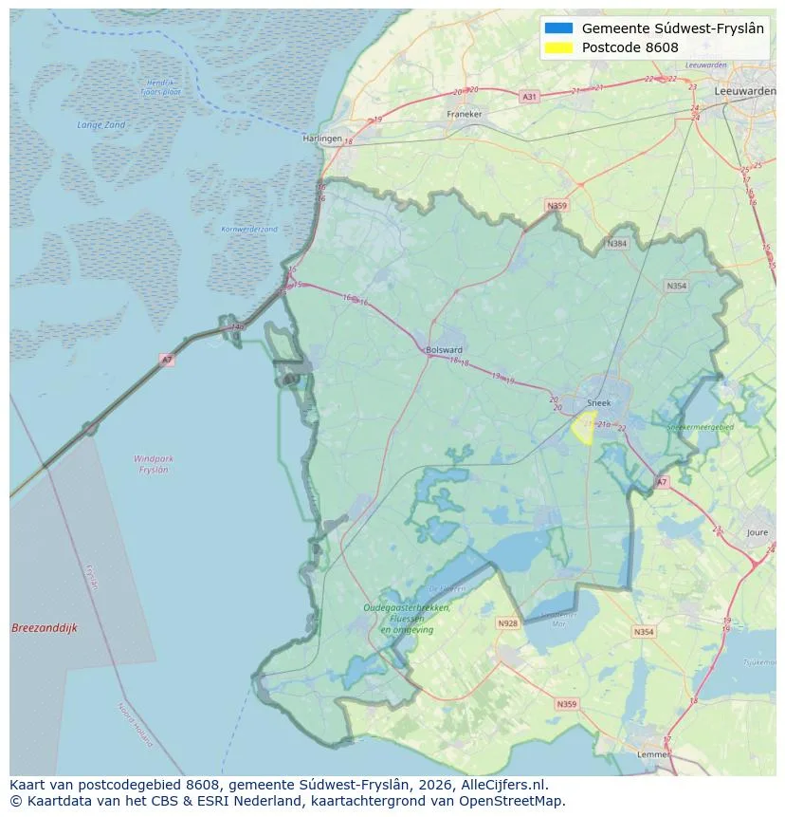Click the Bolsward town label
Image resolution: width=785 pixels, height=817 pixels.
click(444, 349)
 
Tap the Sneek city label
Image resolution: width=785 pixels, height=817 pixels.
click(599, 402)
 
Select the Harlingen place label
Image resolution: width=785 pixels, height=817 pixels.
click(322, 138)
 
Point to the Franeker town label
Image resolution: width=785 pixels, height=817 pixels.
click(464, 114)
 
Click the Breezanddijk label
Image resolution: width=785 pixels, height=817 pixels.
click(45, 628)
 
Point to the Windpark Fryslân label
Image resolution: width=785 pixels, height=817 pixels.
click(152, 464)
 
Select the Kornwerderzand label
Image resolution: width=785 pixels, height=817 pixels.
click(249, 229)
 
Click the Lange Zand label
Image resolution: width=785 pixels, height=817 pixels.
click(100, 124)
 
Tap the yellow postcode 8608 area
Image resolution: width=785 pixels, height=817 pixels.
click(581, 427)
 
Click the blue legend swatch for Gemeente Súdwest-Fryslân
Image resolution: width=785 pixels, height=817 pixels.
click(559, 28)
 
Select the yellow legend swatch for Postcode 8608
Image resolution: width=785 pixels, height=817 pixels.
click(559, 47)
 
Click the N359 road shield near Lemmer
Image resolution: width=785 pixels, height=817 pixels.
click(567, 704)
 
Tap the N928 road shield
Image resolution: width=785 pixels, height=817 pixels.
click(508, 623)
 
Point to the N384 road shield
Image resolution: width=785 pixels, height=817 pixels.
click(618, 244)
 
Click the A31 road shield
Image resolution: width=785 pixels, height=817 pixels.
click(529, 97)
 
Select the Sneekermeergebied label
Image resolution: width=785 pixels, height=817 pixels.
click(701, 427)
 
